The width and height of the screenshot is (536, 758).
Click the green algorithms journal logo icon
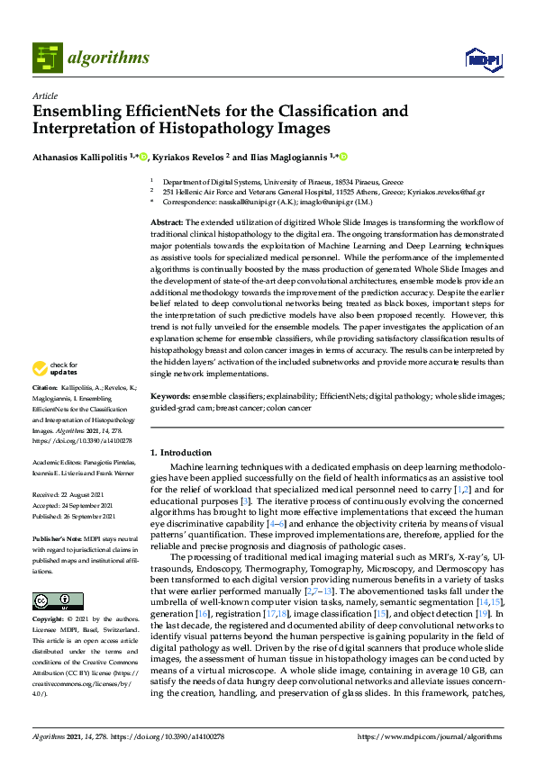(x=47, y=59)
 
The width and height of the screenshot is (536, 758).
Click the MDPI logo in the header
(x=483, y=59)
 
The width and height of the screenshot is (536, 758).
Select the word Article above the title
(x=44, y=95)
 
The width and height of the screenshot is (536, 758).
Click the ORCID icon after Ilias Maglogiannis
(x=342, y=157)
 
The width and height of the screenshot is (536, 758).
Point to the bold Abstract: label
(x=167, y=221)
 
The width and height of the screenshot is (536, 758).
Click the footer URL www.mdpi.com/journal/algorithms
(x=439, y=737)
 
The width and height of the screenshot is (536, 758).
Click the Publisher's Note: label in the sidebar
(x=57, y=537)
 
